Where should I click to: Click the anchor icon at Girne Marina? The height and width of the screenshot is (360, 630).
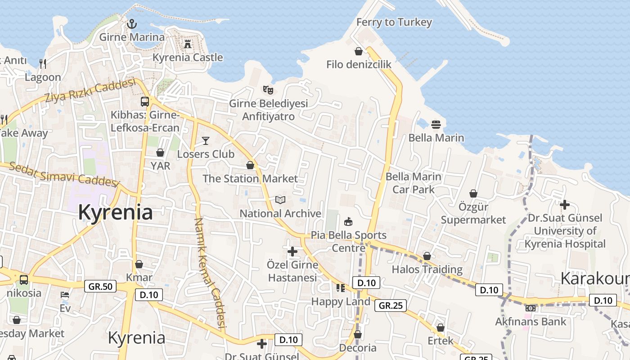point(132,24)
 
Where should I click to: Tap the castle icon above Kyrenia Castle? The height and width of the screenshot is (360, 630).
point(188,44)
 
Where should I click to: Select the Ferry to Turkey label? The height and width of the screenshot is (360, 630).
point(394,22)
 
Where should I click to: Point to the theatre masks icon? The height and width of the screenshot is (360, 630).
point(268,90)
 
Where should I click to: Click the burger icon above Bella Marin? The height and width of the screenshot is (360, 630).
point(436,124)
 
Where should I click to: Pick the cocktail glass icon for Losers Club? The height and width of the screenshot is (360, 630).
point(206,141)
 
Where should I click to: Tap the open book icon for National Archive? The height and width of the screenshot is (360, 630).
point(280,200)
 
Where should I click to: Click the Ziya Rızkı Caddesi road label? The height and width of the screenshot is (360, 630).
point(90,91)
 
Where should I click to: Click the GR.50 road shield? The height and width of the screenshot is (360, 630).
point(100,286)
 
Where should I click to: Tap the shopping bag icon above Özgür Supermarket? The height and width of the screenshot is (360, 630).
point(473,193)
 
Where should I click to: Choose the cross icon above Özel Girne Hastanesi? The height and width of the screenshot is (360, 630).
point(292,251)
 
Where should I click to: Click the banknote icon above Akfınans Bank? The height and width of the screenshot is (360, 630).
point(530,308)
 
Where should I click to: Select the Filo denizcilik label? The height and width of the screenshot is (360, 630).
point(359,64)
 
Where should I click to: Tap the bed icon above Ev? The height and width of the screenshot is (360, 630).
point(65,295)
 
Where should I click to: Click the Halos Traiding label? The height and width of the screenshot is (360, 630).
point(427,270)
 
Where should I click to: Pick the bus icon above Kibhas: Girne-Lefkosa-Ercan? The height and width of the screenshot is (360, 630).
point(145,102)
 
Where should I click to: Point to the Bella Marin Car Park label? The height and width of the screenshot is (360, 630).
point(413,183)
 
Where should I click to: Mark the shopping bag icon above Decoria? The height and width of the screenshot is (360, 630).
point(358,335)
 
